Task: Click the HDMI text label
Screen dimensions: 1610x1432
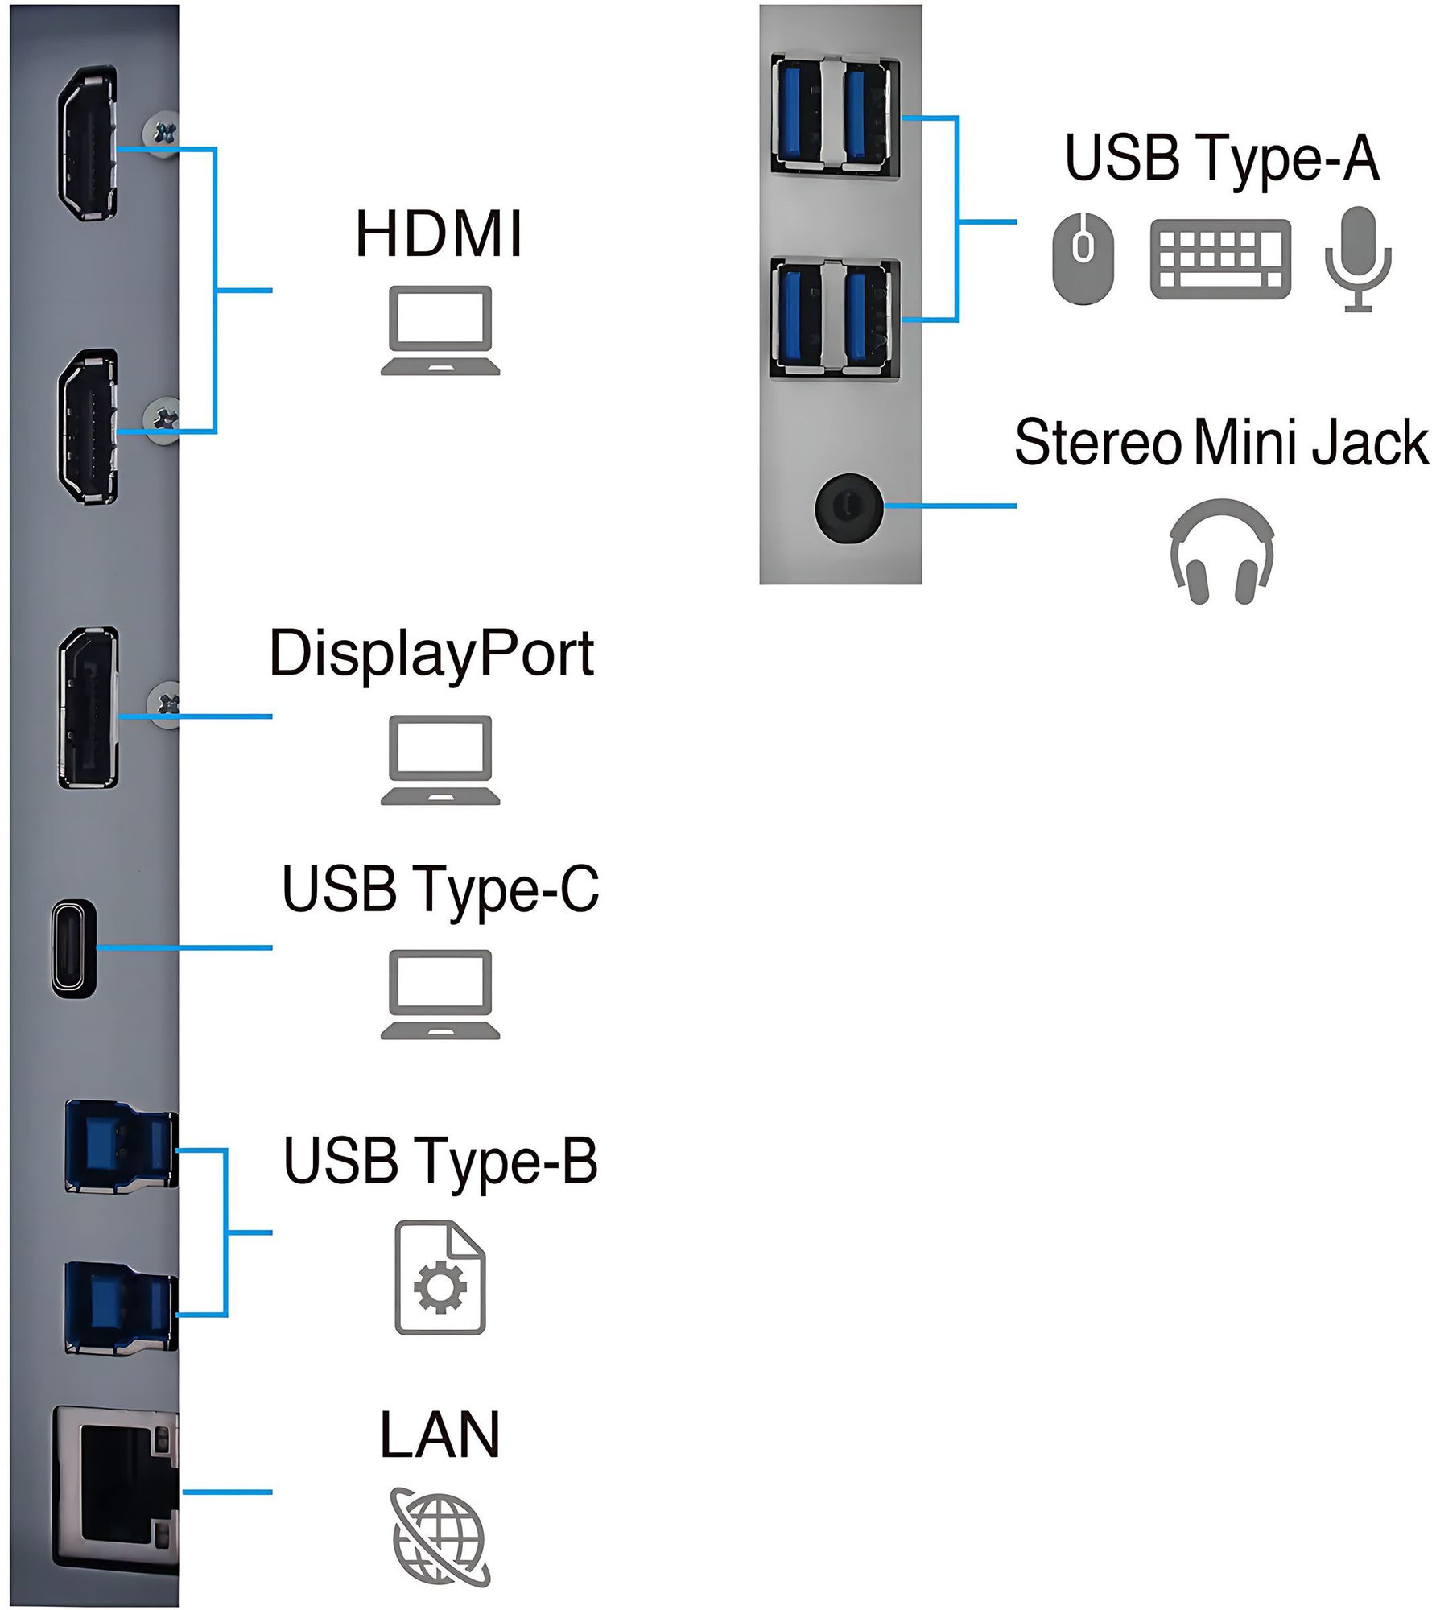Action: (x=439, y=234)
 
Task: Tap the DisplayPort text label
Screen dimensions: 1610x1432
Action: (x=431, y=655)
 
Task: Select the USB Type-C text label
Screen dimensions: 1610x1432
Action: (x=440, y=890)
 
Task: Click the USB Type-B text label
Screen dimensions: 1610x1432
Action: (x=440, y=1162)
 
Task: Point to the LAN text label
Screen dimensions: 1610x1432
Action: (x=440, y=1435)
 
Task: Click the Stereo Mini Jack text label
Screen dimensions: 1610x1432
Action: (x=1220, y=443)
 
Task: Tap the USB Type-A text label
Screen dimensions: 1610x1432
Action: (x=1221, y=159)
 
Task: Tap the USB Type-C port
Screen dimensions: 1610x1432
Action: (x=75, y=948)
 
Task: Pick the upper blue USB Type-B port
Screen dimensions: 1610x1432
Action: (x=119, y=1144)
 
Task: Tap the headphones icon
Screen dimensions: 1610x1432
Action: (x=1221, y=552)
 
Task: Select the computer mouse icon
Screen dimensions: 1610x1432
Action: (x=1084, y=258)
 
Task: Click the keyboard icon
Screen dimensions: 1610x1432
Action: (x=1220, y=259)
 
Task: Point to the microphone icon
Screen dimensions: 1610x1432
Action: (x=1358, y=258)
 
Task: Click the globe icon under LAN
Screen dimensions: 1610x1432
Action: (x=440, y=1536)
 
